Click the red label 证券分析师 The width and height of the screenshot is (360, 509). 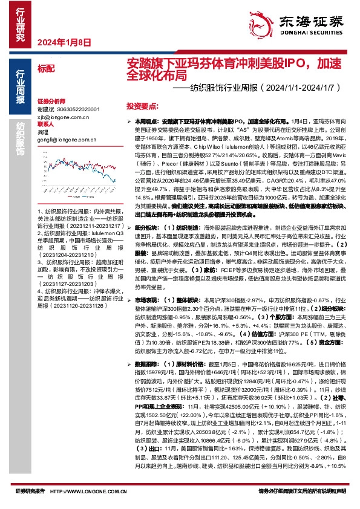(x=50, y=101)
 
